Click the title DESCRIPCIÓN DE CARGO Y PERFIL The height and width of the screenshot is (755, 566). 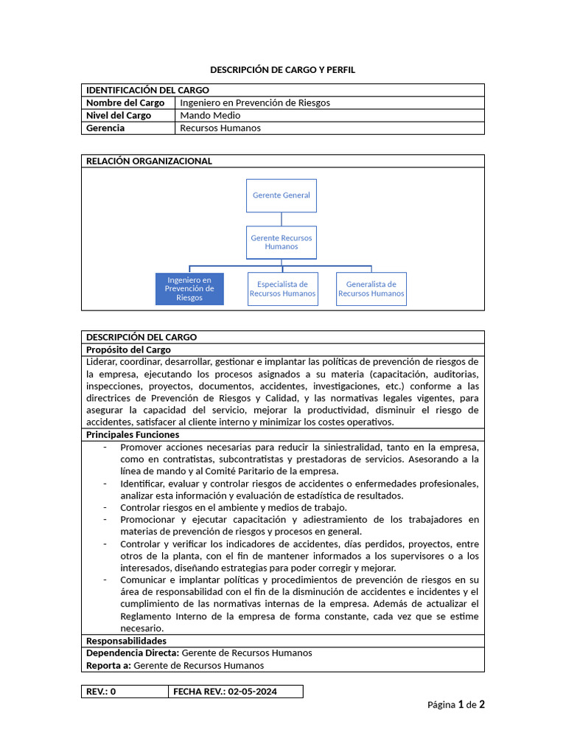282,70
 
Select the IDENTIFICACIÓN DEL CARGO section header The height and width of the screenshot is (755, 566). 147,90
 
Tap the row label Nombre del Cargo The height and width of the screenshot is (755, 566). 125,102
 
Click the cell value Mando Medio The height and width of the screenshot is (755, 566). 210,115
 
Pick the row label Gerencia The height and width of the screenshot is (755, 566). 105,128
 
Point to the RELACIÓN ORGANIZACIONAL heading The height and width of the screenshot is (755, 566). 149,161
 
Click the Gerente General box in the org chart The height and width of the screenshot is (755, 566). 281,195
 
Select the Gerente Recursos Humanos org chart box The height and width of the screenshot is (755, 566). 281,242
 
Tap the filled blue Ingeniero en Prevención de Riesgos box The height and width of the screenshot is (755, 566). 189,289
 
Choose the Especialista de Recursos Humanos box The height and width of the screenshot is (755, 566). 282,289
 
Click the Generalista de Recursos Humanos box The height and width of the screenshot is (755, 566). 371,289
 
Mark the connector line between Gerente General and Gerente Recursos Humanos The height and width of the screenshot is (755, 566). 281,219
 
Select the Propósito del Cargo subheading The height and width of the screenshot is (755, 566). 128,349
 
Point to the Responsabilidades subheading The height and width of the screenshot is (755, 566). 126,641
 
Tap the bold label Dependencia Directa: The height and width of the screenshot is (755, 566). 132,653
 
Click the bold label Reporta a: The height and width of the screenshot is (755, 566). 109,665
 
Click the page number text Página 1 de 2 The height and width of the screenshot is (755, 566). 455,705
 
